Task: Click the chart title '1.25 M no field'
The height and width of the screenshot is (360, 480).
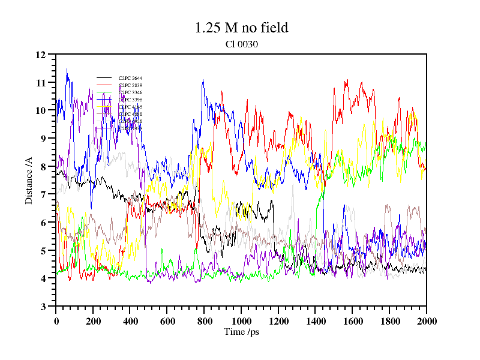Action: click(241, 28)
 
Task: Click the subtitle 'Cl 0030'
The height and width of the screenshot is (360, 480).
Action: click(241, 44)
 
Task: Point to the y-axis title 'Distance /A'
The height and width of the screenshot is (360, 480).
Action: click(29, 180)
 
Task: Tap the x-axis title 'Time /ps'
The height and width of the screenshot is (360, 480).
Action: click(241, 332)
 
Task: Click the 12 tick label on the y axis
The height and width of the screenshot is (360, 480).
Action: click(41, 55)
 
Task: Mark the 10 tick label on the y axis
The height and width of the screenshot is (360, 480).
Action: click(41, 110)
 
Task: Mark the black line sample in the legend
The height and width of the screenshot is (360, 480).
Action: click(104, 78)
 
